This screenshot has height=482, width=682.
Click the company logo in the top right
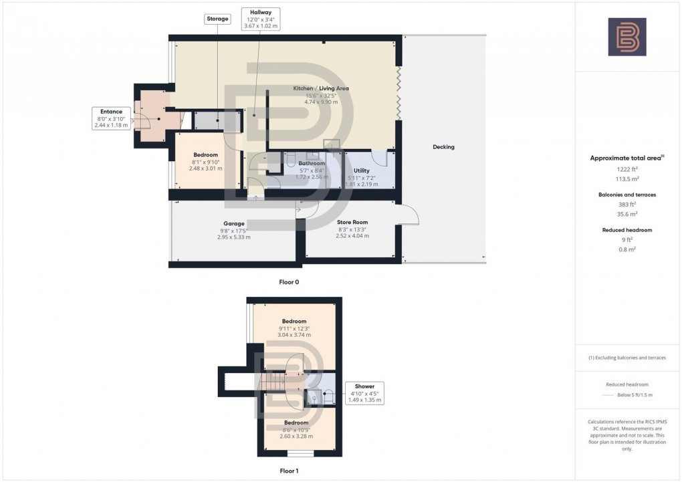coord(627,36)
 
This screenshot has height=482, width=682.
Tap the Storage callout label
coord(217,19)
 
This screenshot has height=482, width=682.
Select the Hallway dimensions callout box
coord(260,19)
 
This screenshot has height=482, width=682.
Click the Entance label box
coord(111,118)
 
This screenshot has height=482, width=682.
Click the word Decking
coord(443,147)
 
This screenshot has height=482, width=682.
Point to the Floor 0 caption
coord(289,282)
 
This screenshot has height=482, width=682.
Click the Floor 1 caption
coord(289,471)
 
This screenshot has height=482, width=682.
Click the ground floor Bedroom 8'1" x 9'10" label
coord(205,161)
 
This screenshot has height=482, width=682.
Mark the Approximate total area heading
coord(627,158)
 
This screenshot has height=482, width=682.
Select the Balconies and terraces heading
coord(627,195)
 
